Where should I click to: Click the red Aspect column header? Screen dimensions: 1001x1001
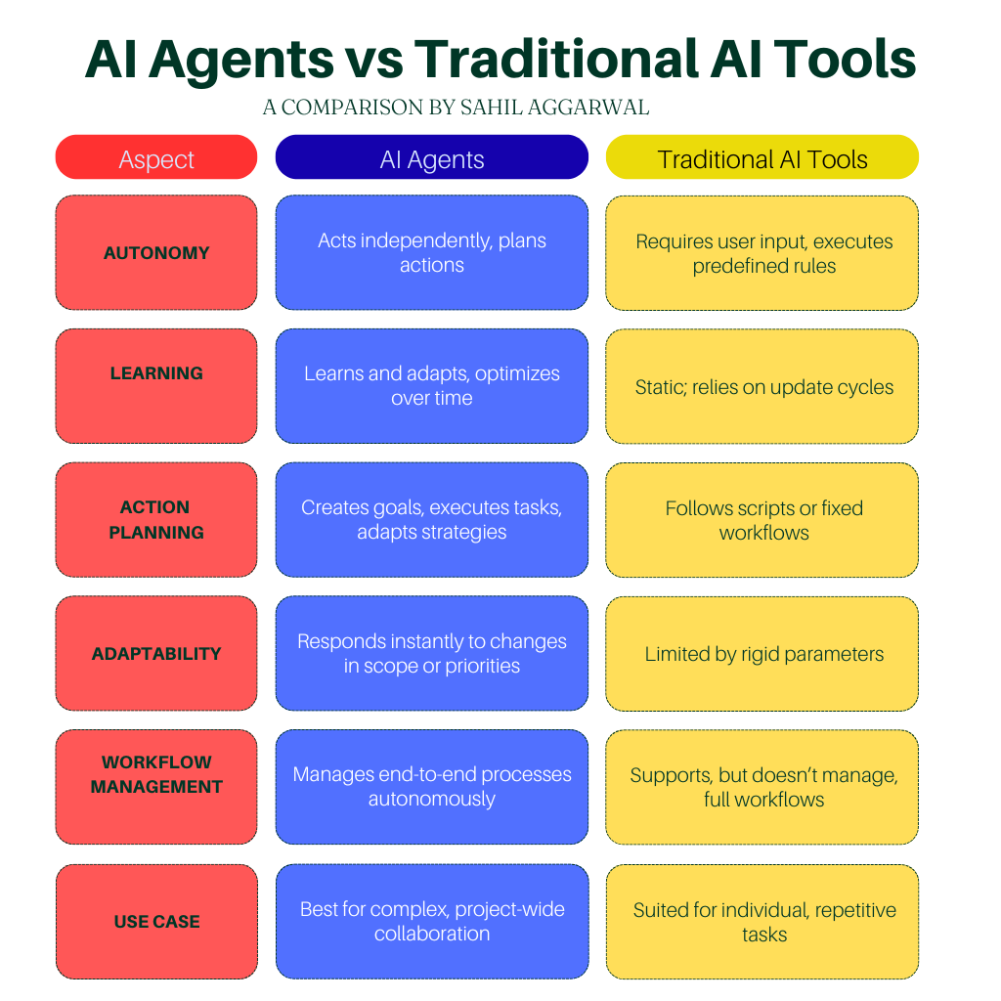pos(156,157)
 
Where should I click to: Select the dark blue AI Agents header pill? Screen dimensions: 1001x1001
pos(431,157)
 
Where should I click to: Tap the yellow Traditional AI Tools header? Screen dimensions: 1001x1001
pos(762,157)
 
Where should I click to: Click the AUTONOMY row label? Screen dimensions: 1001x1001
pos(156,253)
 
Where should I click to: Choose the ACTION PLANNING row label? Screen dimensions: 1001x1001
pos(156,520)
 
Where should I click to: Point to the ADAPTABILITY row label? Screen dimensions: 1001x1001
pos(156,653)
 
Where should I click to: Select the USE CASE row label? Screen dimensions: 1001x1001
pos(156,922)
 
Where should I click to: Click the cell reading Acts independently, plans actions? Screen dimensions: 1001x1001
pos(431,253)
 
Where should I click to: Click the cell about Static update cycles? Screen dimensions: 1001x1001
pos(762,386)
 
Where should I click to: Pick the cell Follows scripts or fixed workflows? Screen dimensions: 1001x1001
pos(762,520)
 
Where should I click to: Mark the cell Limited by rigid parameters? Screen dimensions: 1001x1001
pos(762,653)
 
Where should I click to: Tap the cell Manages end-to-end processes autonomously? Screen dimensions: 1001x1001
pos(431,787)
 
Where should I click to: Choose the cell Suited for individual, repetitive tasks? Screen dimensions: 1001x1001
pos(762,922)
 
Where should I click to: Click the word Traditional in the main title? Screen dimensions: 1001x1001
pos(556,59)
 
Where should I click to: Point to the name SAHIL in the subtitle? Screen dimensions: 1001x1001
pos(489,108)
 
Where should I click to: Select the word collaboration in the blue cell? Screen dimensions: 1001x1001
pos(431,934)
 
